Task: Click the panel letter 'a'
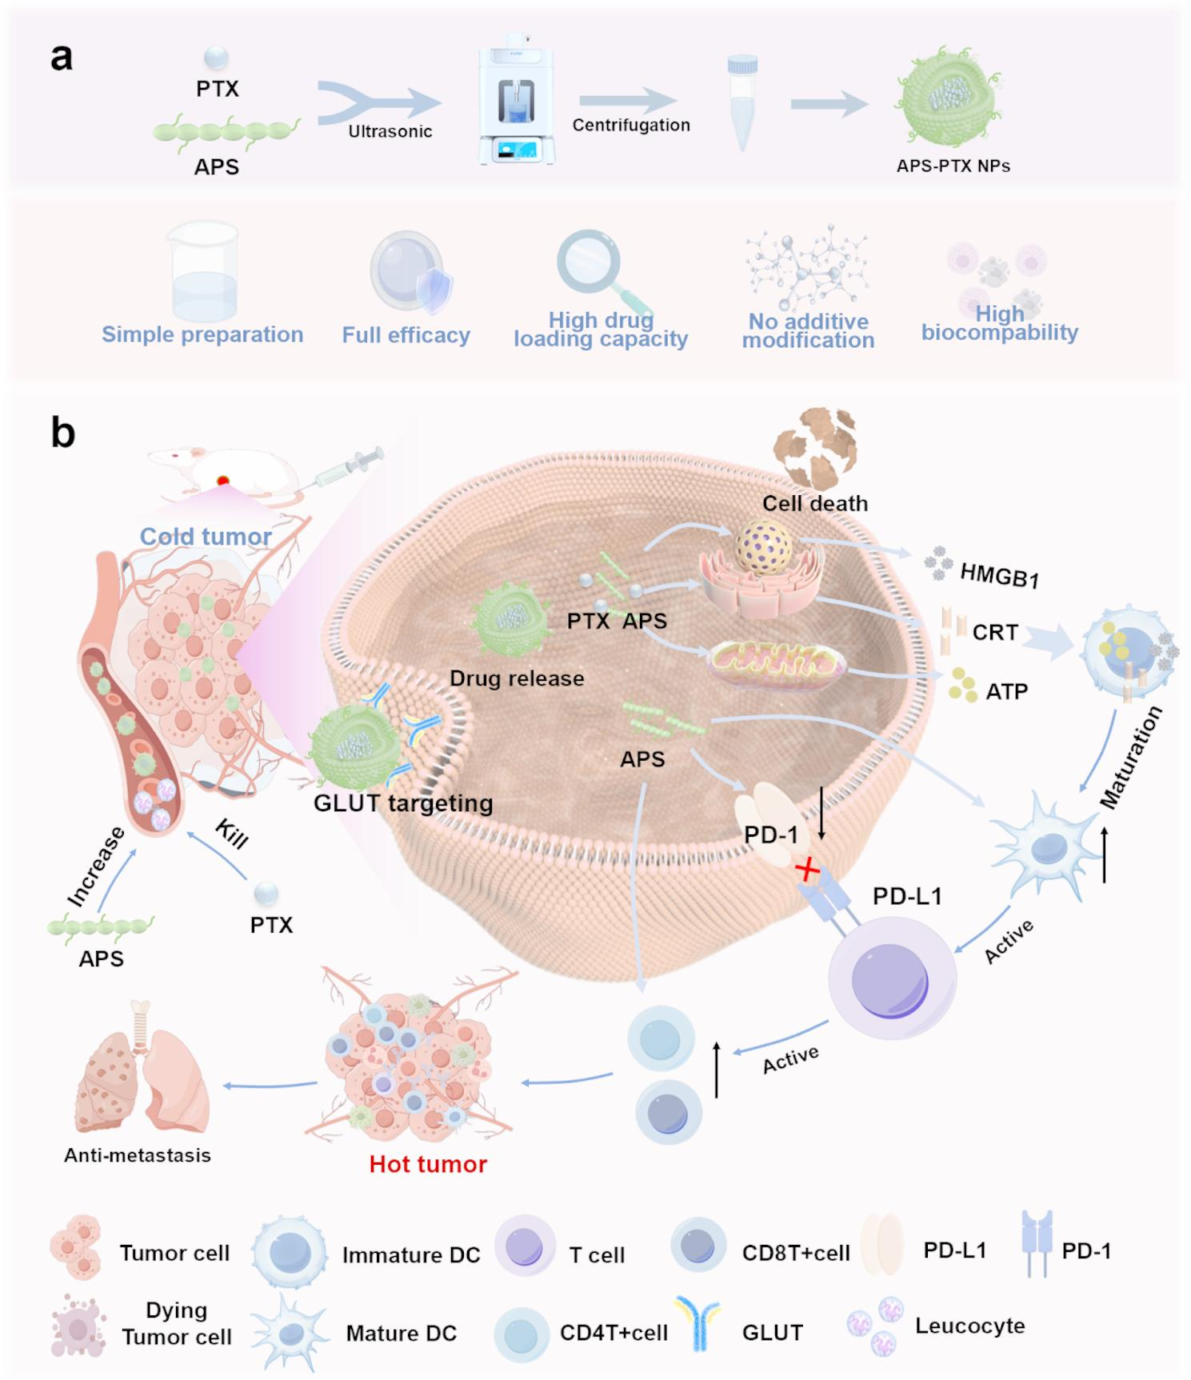62,58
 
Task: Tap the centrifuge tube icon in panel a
742,102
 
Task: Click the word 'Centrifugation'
631,126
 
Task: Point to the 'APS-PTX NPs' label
953,166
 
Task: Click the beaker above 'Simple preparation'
204,271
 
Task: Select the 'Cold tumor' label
206,536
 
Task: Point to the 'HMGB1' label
999,574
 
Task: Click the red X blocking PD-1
808,870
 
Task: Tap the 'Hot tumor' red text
428,1164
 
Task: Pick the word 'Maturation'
1130,758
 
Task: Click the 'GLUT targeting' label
403,802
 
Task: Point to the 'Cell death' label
814,503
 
